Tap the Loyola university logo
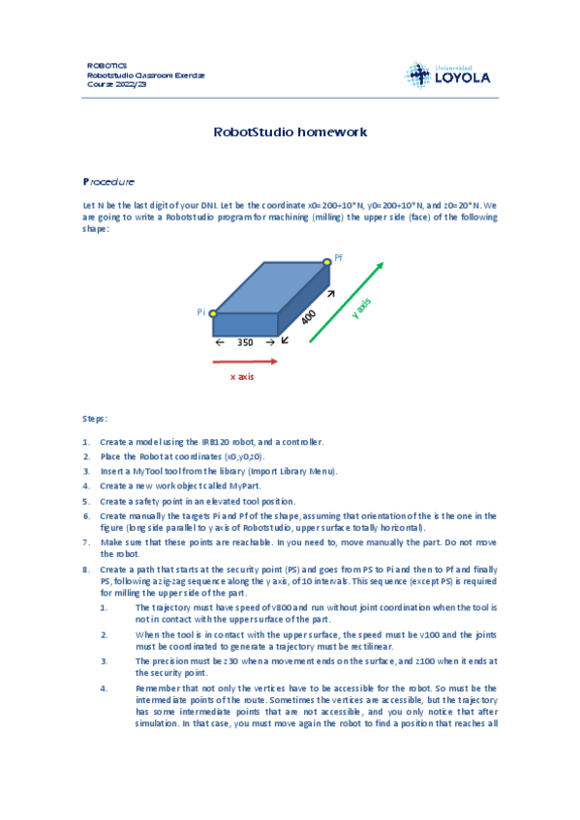(447, 73)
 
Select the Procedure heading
(108, 182)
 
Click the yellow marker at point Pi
(213, 313)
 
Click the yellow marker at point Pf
(327, 261)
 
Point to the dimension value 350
(245, 342)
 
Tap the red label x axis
(242, 376)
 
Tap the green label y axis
(359, 309)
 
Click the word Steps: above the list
(95, 418)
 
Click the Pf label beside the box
(339, 258)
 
